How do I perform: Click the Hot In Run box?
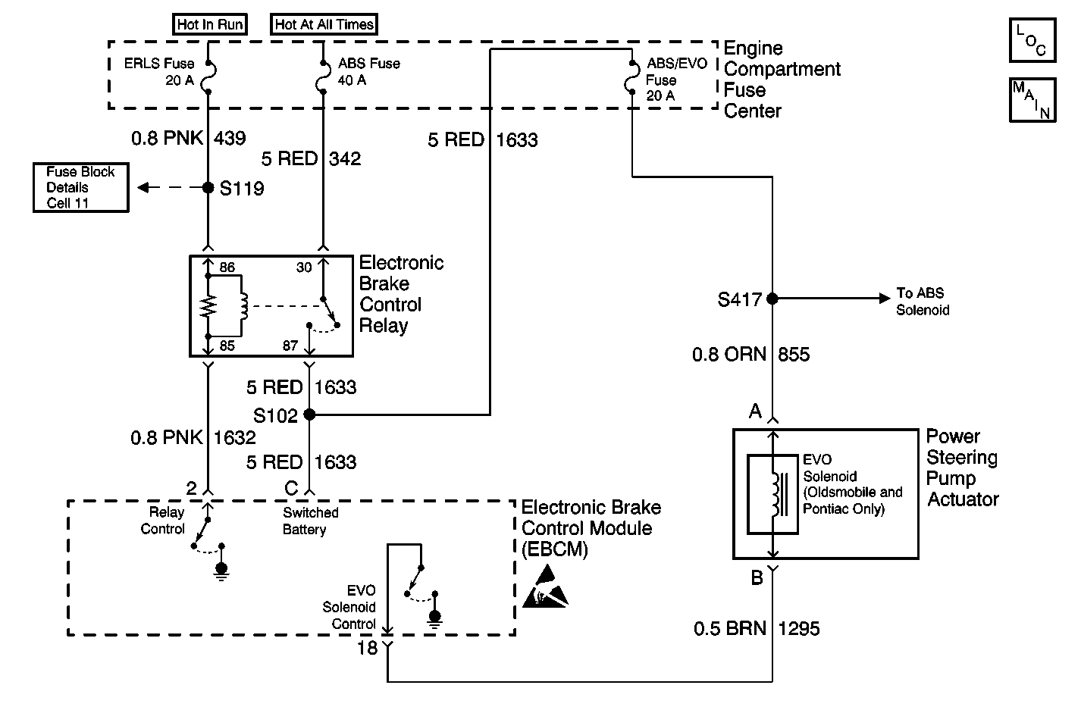210,24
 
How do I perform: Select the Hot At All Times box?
324,24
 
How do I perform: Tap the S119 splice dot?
208,187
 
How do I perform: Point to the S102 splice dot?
309,415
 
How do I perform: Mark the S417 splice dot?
772,299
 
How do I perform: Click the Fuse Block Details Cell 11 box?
80,187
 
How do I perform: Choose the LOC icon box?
1032,39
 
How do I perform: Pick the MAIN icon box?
1032,99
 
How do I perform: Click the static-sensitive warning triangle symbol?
545,589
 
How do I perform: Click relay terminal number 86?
227,267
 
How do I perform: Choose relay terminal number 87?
290,346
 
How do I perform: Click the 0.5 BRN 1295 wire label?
757,628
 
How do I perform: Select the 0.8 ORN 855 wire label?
750,354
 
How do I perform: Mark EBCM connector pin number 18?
367,649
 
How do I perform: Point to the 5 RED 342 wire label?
311,158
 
